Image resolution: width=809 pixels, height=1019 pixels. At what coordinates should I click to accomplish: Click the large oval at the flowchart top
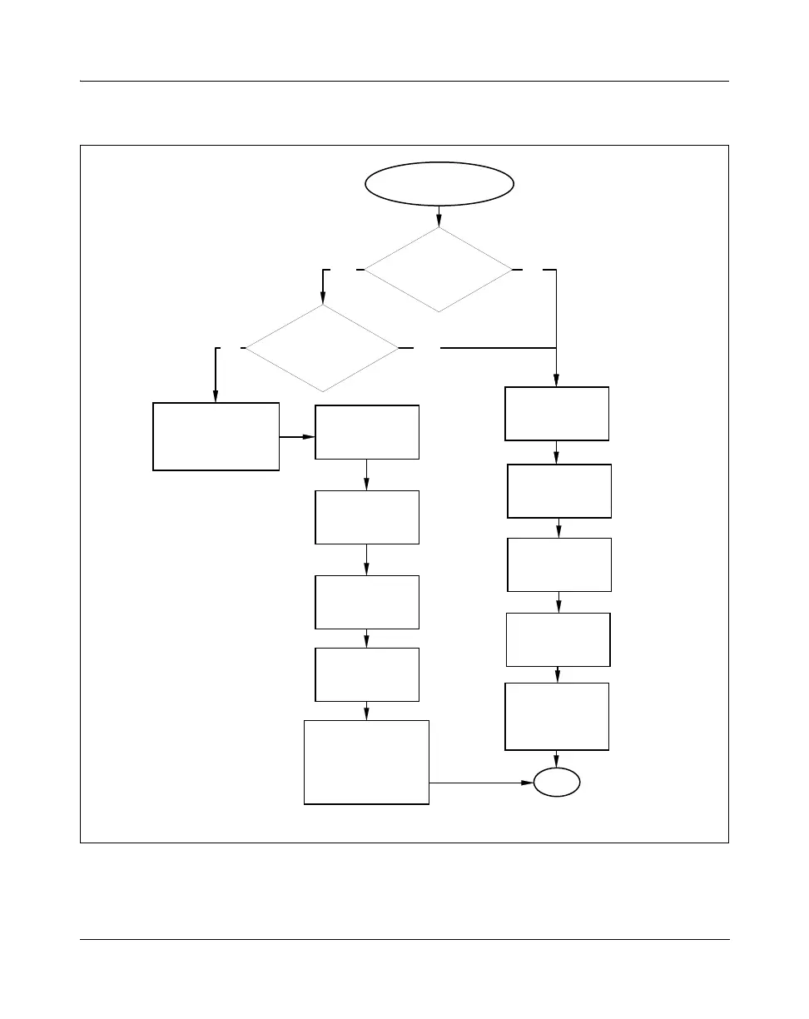(439, 183)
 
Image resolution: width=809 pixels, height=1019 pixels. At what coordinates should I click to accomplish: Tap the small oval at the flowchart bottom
(556, 783)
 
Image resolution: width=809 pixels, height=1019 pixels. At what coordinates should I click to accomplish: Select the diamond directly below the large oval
(439, 270)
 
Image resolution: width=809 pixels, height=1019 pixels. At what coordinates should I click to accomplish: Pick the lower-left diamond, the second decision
(322, 348)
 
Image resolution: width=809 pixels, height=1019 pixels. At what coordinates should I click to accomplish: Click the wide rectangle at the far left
(216, 436)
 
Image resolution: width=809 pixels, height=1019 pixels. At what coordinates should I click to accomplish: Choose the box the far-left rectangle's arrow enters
(366, 432)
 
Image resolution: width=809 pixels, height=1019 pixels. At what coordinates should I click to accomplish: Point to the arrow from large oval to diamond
(439, 216)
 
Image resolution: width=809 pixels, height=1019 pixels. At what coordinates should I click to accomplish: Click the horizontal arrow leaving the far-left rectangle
(297, 435)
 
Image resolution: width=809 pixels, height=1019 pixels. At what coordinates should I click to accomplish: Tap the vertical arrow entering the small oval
(556, 758)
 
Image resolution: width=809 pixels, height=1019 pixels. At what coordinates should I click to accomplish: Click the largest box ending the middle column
(366, 762)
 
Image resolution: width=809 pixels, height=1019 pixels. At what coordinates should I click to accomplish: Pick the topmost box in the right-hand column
(557, 413)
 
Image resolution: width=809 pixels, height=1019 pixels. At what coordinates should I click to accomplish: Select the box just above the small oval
(557, 717)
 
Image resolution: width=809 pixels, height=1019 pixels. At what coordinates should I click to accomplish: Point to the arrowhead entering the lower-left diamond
(322, 299)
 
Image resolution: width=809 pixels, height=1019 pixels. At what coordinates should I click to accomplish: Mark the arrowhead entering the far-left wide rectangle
(216, 397)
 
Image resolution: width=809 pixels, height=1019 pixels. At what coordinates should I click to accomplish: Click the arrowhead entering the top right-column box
(556, 381)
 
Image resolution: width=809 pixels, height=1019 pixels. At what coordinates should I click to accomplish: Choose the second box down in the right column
(559, 491)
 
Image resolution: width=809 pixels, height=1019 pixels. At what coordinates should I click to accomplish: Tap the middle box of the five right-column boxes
(559, 564)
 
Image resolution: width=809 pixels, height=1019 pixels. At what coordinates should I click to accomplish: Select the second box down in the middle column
(366, 517)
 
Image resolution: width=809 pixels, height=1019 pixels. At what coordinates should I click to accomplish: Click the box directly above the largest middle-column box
(366, 674)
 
